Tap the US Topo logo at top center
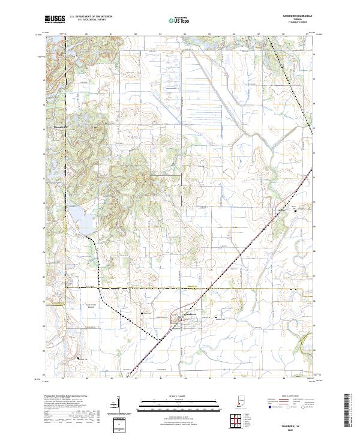pyautogui.click(x=173, y=20)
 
